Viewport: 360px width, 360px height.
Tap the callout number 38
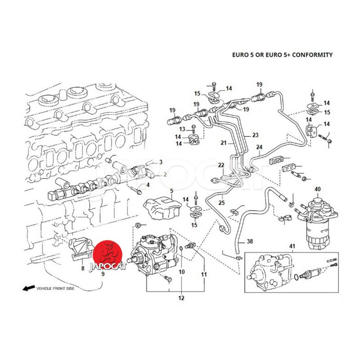pos(250,242)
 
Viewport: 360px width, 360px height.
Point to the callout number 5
pos(171,191)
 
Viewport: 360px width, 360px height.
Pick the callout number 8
pos(82,269)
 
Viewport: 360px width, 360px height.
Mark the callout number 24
pos(259,147)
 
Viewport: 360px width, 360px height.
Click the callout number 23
pos(255,135)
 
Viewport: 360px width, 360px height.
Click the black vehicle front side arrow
pos(29,288)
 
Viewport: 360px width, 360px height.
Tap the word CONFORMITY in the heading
pos(311,55)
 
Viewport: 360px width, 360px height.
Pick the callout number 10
pos(182,272)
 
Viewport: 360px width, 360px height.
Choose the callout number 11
pos(204,274)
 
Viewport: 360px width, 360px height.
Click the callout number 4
pos(148,185)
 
